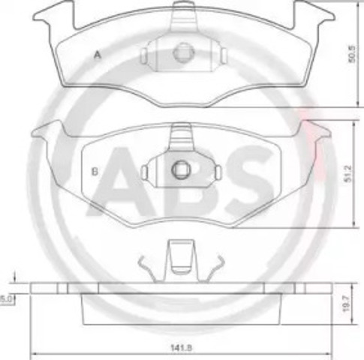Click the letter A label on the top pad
click(x=97, y=54)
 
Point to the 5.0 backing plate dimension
click(x=5, y=298)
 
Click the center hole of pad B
click(x=180, y=169)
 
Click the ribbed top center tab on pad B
click(x=180, y=137)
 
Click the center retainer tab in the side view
click(x=179, y=256)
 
